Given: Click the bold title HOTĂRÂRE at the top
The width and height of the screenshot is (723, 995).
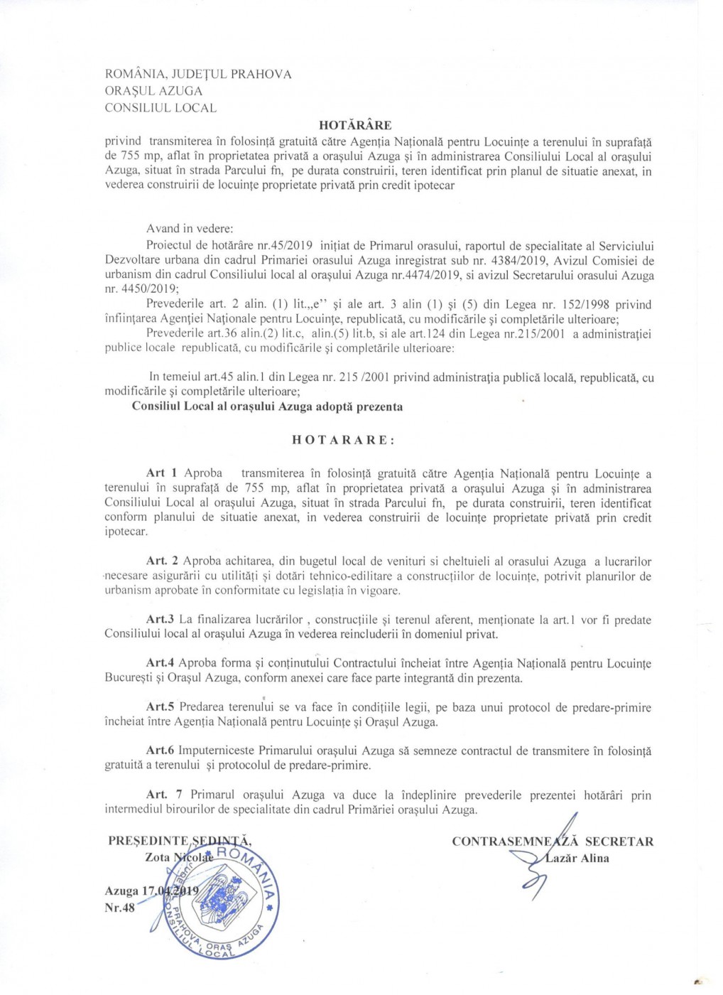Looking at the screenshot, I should [355, 125].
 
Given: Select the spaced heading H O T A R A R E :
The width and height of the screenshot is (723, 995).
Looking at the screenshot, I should [343, 440].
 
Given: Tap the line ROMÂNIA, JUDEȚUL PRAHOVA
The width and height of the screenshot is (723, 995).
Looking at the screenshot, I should [198, 74].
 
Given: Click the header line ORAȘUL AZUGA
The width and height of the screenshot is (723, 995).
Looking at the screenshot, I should [153, 91].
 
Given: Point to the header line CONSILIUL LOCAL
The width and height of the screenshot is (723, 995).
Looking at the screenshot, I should [161, 108].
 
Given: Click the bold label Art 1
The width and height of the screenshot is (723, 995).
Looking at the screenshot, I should [161, 473].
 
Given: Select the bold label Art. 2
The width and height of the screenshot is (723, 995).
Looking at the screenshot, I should [162, 561].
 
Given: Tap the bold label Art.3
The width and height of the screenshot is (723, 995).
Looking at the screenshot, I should [160, 620].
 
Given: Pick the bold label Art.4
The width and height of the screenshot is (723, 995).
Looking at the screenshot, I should [160, 663].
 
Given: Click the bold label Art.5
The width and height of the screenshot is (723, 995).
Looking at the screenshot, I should [160, 707].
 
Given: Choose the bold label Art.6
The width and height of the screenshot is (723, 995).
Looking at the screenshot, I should [160, 751].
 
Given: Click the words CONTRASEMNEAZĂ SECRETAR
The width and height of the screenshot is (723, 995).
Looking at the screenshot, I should [553, 841].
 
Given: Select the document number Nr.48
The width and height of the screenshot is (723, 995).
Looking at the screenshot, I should [119, 908].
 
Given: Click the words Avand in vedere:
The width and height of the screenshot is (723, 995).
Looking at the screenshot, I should [190, 229].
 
